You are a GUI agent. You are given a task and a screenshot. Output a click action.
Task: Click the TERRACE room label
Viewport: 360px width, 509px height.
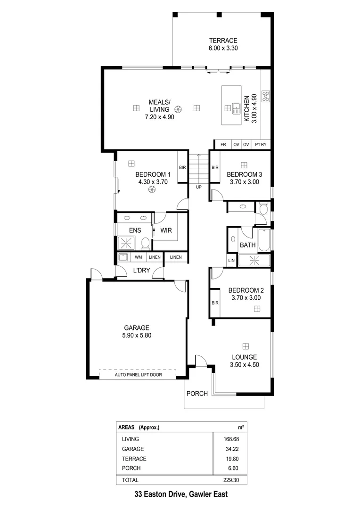(222, 41)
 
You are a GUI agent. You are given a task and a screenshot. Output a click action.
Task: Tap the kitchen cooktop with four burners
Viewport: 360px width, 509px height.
(265, 97)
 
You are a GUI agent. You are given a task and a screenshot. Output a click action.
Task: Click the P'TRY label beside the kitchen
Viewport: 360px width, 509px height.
(260, 145)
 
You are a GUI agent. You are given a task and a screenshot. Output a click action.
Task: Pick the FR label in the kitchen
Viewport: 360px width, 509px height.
(223, 145)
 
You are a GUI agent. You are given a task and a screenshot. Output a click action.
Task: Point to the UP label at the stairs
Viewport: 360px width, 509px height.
(199, 187)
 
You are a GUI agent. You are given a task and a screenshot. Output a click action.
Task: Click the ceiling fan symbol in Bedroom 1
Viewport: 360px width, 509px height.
(152, 189)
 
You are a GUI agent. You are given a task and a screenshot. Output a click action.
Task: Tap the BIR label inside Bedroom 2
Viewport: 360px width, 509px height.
(215, 303)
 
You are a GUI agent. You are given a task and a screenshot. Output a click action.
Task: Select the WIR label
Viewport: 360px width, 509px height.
(166, 230)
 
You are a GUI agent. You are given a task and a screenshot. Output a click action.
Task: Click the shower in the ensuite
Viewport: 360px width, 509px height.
(125, 243)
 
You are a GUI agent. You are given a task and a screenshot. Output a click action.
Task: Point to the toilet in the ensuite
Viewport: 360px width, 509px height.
(146, 244)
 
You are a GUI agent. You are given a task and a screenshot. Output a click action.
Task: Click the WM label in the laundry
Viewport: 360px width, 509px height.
(139, 257)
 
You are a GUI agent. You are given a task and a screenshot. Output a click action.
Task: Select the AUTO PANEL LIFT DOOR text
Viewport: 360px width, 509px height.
(137, 375)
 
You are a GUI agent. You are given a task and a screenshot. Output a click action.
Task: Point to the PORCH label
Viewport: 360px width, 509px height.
(197, 394)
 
